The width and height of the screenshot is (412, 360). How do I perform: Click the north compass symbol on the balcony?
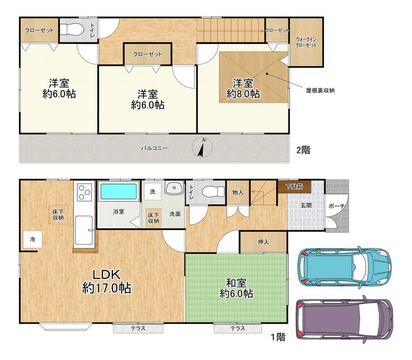pyautogui.click(x=202, y=147)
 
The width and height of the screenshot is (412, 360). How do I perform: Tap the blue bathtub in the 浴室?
pyautogui.click(x=119, y=191)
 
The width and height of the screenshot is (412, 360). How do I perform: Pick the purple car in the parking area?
pyautogui.click(x=344, y=319)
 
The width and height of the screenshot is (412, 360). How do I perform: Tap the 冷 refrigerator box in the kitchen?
pyautogui.click(x=33, y=240)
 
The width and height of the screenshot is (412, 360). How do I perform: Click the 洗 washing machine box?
pyautogui.click(x=153, y=192)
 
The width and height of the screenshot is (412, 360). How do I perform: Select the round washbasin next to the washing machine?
pyautogui.click(x=174, y=188)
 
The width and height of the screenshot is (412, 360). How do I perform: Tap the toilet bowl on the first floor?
pyautogui.click(x=213, y=192)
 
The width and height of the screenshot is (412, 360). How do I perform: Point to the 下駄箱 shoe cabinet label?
pyautogui.click(x=295, y=187)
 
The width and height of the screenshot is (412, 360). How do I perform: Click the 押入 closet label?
pyautogui.click(x=263, y=242)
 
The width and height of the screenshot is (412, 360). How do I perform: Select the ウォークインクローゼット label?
pyautogui.click(x=306, y=42)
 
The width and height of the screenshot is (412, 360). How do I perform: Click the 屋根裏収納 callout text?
pyautogui.click(x=320, y=90)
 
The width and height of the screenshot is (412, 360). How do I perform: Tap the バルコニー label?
pyautogui.click(x=155, y=148)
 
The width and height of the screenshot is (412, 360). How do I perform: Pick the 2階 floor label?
pyautogui.click(x=303, y=150)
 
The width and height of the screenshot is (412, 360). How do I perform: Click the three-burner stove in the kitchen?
pyautogui.click(x=84, y=192)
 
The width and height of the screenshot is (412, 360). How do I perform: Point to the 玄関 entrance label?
pyautogui.click(x=306, y=205)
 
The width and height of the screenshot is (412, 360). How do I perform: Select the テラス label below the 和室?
pyautogui.click(x=238, y=328)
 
